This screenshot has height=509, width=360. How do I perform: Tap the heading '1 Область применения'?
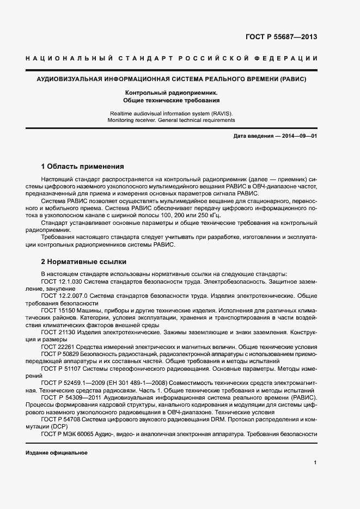[83, 166]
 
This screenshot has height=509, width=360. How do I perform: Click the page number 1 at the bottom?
[315, 463]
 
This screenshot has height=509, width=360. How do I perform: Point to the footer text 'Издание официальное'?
[56, 453]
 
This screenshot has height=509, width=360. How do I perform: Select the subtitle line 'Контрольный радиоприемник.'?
[171, 93]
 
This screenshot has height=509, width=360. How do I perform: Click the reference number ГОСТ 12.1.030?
[61, 280]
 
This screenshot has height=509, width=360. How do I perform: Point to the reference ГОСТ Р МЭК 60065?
[68, 434]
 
